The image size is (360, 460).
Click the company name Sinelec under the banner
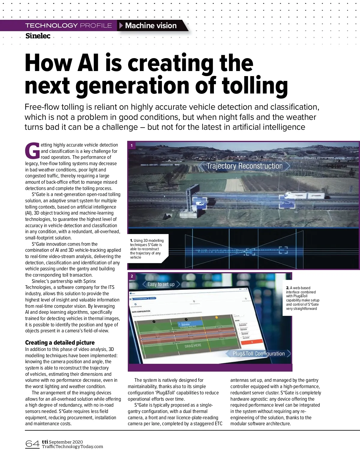pos(38,36)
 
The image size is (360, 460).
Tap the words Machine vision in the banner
pos(151,25)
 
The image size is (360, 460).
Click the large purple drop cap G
pos(32,151)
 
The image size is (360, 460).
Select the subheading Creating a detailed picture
pos(60,343)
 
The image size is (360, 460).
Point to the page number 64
pos(32,444)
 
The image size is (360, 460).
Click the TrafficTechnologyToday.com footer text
pos(72,447)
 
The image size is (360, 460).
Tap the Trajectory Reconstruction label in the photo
pos(244,166)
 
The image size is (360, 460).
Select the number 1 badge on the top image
pos(132,145)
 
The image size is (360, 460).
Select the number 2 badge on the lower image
pos(132,276)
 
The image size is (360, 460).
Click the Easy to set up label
pos(161,284)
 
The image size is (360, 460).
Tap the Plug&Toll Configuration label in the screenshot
pos(259,354)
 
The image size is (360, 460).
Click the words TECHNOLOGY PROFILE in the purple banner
pos(68,25)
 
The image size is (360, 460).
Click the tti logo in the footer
pos(45,442)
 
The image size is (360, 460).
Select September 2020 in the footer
pos(66,442)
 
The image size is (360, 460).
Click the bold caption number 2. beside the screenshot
pos(288,288)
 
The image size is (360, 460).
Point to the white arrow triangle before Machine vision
pos(121,25)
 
